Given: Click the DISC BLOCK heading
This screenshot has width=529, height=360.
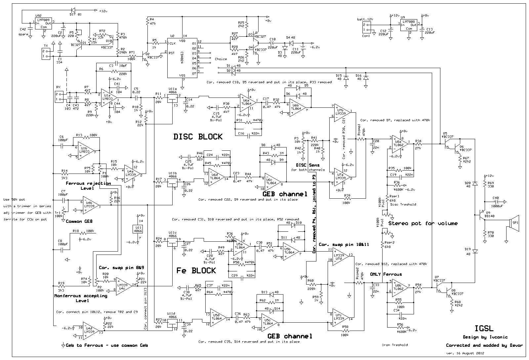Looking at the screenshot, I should [198, 137].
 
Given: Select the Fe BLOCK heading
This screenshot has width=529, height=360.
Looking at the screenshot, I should [196, 270].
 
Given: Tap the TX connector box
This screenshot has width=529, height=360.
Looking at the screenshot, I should [45, 54].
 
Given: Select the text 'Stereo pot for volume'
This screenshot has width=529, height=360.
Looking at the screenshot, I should [423, 223].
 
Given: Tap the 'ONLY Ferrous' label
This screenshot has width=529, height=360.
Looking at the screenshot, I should [386, 274].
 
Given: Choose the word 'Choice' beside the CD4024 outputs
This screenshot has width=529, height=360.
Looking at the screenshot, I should [221, 59].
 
